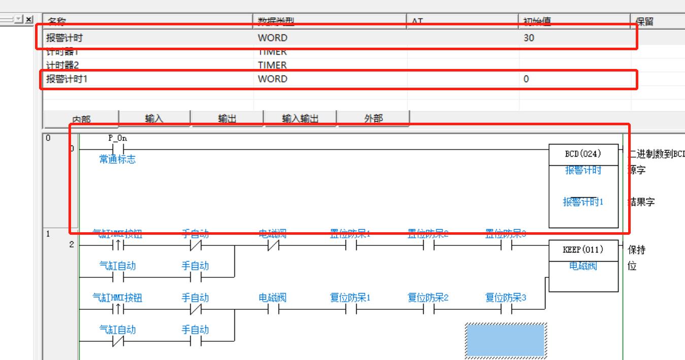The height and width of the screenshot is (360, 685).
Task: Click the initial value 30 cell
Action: click(x=529, y=38)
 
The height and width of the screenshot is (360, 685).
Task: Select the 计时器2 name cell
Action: click(x=62, y=65)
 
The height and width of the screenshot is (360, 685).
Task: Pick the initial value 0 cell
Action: click(x=526, y=79)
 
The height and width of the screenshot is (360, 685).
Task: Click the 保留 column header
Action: click(x=644, y=21)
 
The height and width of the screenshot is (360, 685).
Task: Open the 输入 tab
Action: click(x=154, y=119)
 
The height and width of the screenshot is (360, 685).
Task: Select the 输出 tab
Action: click(x=227, y=119)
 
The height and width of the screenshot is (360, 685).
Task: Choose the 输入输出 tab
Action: click(x=300, y=119)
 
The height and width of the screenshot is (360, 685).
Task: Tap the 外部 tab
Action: click(x=373, y=119)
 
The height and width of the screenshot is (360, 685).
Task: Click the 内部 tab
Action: click(x=81, y=120)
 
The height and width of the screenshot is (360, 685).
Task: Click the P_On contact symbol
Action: click(x=117, y=150)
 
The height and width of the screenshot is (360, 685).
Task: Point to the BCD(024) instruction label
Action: click(x=583, y=154)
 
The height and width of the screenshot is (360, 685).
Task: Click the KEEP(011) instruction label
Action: click(x=583, y=250)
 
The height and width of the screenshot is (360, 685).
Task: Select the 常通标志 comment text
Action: click(x=117, y=160)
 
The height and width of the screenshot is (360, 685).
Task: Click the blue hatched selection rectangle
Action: click(x=506, y=340)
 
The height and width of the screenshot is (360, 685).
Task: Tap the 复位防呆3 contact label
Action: click(x=506, y=298)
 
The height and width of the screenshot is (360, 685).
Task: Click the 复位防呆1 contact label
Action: click(x=350, y=298)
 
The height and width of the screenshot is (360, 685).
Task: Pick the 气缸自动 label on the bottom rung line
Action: click(x=117, y=330)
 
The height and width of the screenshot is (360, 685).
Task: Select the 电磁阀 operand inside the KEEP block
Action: click(x=583, y=266)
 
